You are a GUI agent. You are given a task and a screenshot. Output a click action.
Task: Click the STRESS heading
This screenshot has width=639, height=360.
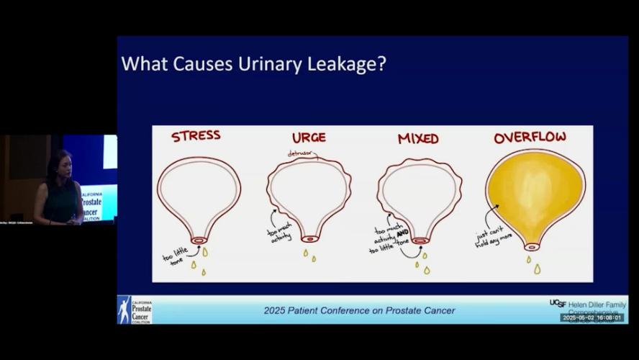tap(195, 135)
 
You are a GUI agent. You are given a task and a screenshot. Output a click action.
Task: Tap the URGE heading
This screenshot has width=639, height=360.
tap(309, 137)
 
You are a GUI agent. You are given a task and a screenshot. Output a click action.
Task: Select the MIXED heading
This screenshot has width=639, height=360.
tap(418, 138)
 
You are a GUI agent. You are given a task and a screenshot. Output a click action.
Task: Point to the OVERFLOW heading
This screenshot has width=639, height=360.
tap(530, 137)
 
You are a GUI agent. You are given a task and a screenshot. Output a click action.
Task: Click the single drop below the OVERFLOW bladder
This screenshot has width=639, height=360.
tap(537, 269)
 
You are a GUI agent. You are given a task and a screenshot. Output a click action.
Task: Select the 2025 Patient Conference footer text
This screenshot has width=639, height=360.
tap(359, 310)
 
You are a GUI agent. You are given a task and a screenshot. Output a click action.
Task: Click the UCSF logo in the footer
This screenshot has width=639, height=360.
tap(557, 304)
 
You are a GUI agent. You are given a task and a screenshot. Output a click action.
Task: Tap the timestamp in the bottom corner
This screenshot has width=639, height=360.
tap(592, 318)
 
